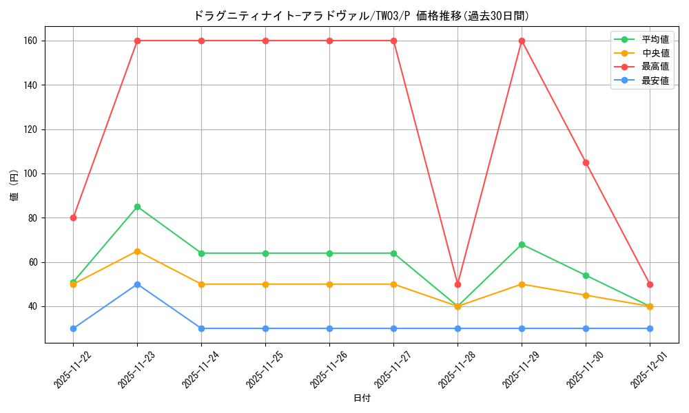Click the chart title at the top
point(362,16)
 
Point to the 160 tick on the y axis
point(30,41)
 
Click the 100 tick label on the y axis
point(30,173)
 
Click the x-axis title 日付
point(362,399)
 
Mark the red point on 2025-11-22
point(73,218)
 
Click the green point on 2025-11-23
point(137,206)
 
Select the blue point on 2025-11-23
point(137,284)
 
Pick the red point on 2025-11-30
point(586,162)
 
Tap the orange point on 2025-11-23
point(137,251)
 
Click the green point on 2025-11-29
point(522,244)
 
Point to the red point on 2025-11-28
point(457,284)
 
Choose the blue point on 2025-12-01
point(650,328)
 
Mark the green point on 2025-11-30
point(586,275)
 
